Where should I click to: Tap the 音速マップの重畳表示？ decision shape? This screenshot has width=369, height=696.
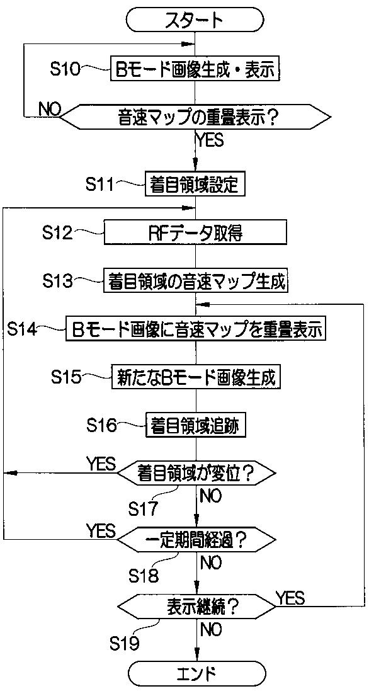click(195, 117)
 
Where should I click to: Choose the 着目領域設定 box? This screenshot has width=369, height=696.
click(195, 185)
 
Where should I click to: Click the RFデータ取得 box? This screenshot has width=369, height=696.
click(195, 232)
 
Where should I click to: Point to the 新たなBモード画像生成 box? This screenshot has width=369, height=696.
click(195, 377)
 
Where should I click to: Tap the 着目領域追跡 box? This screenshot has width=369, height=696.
click(195, 426)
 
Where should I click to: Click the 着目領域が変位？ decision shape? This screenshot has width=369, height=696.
click(195, 473)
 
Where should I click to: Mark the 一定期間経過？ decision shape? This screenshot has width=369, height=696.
click(195, 540)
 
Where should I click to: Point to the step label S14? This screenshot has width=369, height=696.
click(23, 329)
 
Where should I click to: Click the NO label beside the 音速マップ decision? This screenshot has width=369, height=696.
click(50, 109)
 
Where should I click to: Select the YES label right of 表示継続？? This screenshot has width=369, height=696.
click(290, 598)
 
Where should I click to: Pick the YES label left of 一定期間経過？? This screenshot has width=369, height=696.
click(101, 530)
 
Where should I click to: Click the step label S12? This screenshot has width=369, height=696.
click(58, 232)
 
